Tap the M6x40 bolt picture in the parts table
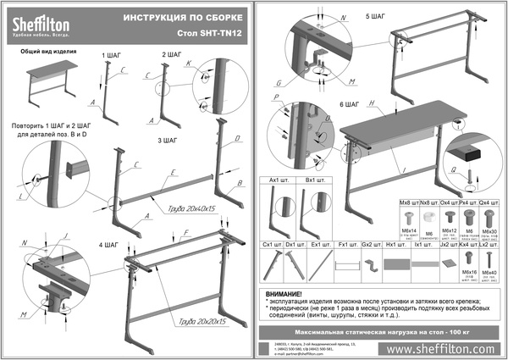pos(489,259)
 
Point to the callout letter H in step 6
pos(371,103)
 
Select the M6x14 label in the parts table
pos(410,230)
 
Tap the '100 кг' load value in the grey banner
pos(450,326)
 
